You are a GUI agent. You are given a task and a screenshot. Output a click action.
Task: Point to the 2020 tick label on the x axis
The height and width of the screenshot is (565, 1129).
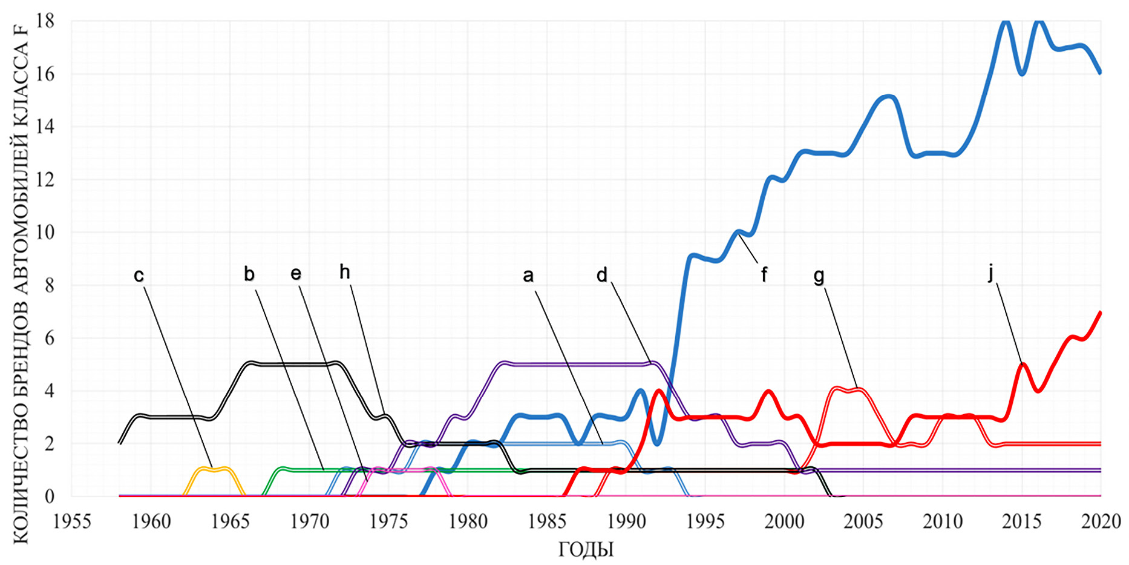(1101, 521)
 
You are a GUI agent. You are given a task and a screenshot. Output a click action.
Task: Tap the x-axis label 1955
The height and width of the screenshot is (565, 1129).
(73, 521)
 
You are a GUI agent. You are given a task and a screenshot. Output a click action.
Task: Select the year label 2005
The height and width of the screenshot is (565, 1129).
(863, 521)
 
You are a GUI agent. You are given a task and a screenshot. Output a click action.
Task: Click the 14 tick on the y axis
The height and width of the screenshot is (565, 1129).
(46, 127)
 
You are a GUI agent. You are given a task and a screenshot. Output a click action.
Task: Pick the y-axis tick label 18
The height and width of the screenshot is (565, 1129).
(46, 21)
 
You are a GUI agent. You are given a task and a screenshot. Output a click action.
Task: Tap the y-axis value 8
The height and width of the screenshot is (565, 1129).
(50, 285)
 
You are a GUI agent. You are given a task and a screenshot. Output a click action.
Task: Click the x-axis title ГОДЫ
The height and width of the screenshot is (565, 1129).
(586, 549)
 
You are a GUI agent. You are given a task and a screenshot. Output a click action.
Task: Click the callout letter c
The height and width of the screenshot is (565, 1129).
(139, 276)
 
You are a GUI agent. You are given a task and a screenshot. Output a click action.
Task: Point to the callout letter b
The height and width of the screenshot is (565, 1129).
(249, 274)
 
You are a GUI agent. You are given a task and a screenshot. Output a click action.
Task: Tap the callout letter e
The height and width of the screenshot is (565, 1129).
(296, 274)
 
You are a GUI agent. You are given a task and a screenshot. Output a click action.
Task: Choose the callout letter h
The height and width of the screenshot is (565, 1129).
(345, 273)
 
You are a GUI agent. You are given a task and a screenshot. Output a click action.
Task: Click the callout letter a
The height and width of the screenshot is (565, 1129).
(528, 276)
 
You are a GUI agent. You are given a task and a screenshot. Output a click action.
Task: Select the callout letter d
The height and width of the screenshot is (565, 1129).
(601, 276)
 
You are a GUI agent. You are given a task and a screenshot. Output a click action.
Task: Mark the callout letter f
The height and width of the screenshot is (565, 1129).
(764, 276)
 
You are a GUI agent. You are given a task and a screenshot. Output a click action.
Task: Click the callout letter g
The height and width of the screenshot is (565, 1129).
(819, 276)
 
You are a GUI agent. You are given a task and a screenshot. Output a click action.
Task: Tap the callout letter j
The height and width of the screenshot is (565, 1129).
(991, 273)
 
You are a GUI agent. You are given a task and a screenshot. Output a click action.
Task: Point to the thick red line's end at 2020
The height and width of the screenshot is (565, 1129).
(1099, 313)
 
